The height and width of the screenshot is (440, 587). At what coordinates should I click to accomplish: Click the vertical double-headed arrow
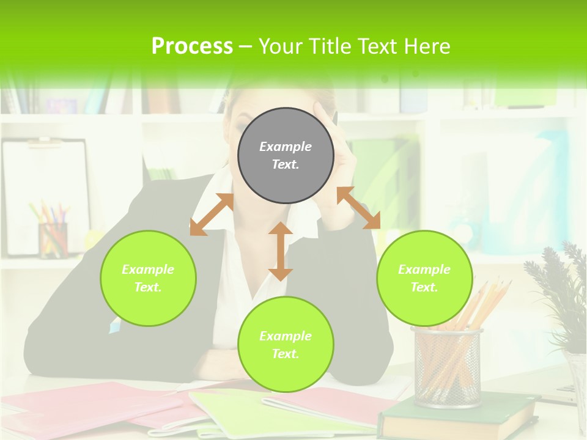[x=281, y=251]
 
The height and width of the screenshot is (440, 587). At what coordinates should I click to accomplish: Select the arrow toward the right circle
[x=358, y=208]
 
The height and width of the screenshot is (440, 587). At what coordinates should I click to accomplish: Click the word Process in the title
[x=192, y=46]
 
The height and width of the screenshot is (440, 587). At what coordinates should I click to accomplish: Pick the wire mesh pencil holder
[x=447, y=367]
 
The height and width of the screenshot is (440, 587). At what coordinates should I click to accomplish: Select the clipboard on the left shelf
[x=46, y=196]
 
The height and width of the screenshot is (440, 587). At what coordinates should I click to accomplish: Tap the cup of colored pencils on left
[x=52, y=235]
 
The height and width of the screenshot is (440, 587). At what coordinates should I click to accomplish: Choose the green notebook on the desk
[x=245, y=413]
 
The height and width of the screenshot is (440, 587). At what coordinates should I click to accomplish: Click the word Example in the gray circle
[x=286, y=147]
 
